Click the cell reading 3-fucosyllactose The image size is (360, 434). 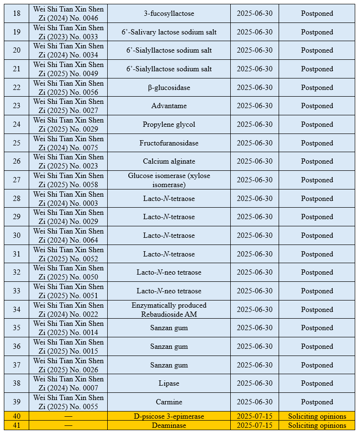[x=169, y=13]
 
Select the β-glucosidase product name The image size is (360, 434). [x=169, y=88]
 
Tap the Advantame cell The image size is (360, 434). [x=169, y=106]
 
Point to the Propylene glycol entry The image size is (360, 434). [x=169, y=124]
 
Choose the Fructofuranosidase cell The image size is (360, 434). [x=169, y=143]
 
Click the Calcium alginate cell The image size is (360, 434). [x=169, y=161]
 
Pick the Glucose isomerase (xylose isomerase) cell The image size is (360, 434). [x=169, y=180]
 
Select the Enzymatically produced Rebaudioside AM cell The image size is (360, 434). [x=169, y=310]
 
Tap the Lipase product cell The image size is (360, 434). [x=169, y=383]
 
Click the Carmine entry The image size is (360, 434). [x=169, y=402]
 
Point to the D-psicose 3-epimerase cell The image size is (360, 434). [x=169, y=416]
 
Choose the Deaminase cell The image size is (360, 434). [x=169, y=425]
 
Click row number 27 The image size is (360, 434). [x=17, y=180]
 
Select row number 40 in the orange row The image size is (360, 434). [x=17, y=416]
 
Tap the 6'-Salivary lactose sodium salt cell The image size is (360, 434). [x=169, y=32]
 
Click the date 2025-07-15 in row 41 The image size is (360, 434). [x=255, y=425]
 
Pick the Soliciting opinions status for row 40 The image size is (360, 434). [x=317, y=416]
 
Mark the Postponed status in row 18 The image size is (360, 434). [x=317, y=13]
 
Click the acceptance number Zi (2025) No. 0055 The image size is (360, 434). [x=68, y=407]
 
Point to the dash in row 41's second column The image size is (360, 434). [x=68, y=425]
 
